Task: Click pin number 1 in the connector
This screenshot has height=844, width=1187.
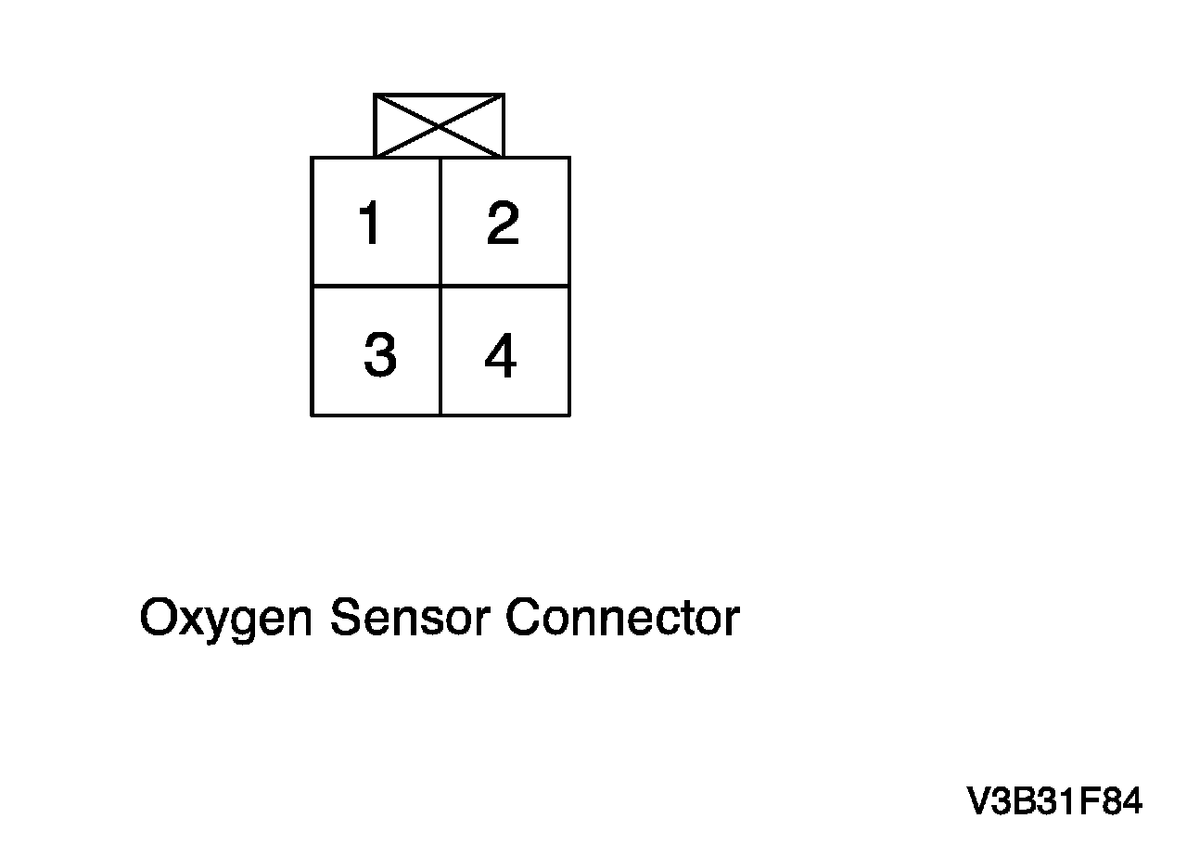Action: click(371, 224)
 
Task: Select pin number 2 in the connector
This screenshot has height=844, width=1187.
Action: click(503, 224)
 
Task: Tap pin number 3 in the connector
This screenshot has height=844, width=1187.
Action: click(379, 355)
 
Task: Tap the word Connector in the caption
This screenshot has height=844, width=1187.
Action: click(622, 617)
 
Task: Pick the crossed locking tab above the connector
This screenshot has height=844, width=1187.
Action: click(439, 125)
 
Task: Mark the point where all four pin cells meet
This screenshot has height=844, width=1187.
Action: click(440, 286)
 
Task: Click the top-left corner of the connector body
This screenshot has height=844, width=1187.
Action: click(312, 158)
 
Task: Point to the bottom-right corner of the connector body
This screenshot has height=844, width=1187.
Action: click(568, 415)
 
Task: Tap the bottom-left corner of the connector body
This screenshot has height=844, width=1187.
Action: click(312, 415)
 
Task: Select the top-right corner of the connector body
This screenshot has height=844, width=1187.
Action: click(568, 158)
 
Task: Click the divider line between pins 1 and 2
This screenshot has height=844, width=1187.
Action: click(440, 222)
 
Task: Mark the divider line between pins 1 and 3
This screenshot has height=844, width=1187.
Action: click(376, 286)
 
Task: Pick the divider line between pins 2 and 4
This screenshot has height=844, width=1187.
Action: click(504, 286)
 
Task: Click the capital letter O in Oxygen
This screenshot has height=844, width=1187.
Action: click(159, 617)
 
